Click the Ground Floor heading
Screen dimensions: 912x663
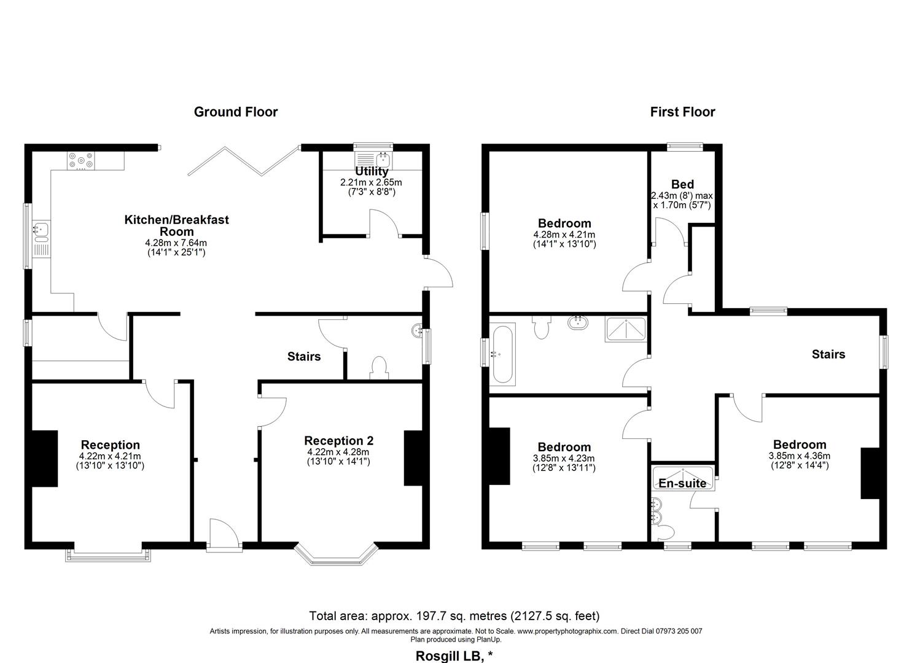tap(236, 112)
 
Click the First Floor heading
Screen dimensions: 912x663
tap(682, 112)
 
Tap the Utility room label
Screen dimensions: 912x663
tap(372, 171)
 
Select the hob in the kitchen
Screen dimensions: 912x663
tap(81, 161)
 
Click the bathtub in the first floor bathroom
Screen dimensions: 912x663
tap(502, 354)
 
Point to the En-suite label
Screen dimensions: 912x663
tap(682, 483)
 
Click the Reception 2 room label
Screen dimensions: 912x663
tap(339, 441)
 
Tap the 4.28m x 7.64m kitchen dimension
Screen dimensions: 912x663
tap(176, 243)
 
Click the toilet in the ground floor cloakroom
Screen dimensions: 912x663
tap(379, 368)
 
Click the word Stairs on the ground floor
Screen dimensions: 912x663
tap(304, 357)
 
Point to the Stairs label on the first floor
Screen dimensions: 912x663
tap(828, 354)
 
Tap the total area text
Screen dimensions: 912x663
tap(454, 616)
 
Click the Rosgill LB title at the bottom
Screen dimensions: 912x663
tap(454, 656)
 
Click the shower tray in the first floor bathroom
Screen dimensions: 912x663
tap(625, 330)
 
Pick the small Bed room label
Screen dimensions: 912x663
tap(682, 184)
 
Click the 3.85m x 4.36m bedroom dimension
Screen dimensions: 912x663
tap(799, 456)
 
